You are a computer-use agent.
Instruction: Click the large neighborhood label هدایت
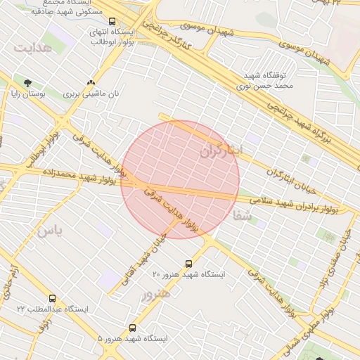pyautogui.click(x=32, y=47)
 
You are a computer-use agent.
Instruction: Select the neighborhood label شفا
pyautogui.click(x=243, y=218)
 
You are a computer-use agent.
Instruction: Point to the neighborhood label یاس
pyautogui.click(x=50, y=231)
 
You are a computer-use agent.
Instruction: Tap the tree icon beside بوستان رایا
pyautogui.click(x=28, y=82)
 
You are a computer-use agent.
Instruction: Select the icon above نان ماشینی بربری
pyautogui.click(x=90, y=82)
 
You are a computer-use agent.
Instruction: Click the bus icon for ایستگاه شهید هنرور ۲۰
pyautogui.click(x=188, y=263)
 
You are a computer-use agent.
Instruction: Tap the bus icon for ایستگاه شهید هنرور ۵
pyautogui.click(x=133, y=328)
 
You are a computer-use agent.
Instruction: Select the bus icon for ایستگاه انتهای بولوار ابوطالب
pyautogui.click(x=112, y=21)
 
